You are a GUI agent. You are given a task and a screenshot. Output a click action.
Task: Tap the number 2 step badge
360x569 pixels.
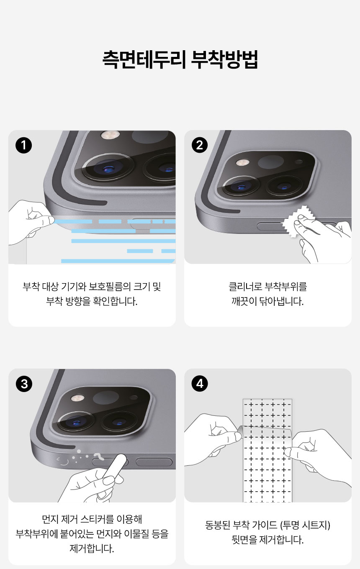click(x=199, y=145)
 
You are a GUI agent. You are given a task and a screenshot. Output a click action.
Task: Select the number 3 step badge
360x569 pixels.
click(x=23, y=384)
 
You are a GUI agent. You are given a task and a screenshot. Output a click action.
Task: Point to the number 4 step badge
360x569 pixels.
click(x=199, y=384)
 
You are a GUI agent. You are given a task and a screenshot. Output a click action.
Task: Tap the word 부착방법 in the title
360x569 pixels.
click(x=224, y=60)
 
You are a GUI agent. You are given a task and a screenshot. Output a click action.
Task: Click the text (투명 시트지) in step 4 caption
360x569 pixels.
click(x=306, y=525)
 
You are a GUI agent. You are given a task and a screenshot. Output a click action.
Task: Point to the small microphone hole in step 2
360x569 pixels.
click(x=298, y=162)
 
